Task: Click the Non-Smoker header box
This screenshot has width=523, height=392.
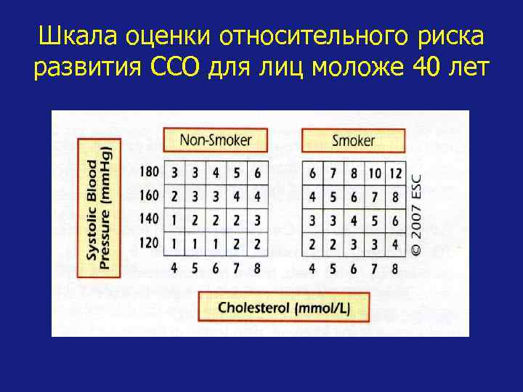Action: point(215,139)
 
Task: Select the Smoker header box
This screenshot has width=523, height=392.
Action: point(352,139)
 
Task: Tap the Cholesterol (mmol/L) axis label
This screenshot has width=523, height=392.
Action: point(284,306)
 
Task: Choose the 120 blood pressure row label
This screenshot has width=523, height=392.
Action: point(149,242)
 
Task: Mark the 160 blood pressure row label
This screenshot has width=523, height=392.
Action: point(149,196)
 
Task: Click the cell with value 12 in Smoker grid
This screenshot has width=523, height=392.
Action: point(394,174)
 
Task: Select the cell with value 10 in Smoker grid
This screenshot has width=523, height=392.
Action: point(373,174)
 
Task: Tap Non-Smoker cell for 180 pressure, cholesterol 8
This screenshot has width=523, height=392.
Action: point(257,174)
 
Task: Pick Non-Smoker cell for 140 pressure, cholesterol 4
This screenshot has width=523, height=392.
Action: point(174,219)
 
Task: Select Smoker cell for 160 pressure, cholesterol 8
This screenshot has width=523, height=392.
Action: point(394,196)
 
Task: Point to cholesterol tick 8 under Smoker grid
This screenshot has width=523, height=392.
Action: point(394,268)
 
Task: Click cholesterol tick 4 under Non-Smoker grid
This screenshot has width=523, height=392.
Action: point(174,268)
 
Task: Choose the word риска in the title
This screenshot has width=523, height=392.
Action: point(449,36)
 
